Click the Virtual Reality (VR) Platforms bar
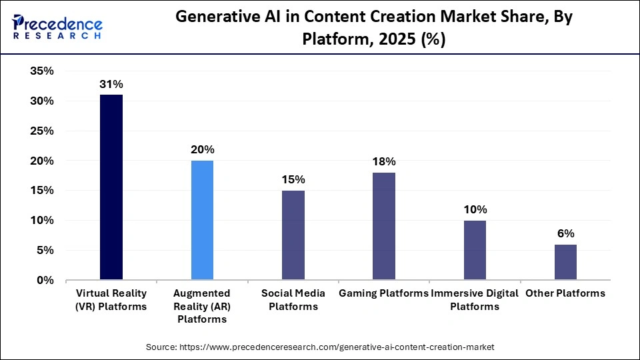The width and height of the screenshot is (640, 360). (x=111, y=187)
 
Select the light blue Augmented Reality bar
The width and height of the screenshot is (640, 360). (x=202, y=220)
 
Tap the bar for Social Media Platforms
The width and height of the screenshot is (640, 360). (x=293, y=235)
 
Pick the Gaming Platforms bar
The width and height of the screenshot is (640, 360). (x=384, y=226)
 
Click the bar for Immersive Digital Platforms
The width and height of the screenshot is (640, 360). (x=475, y=250)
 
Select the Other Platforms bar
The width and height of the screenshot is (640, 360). (x=565, y=262)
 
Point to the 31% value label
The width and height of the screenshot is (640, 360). (x=111, y=85)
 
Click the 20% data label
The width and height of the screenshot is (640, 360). (x=202, y=150)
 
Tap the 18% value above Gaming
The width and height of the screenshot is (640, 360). (x=384, y=162)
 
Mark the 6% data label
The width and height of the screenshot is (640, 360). (x=565, y=234)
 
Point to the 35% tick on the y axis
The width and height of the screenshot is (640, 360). (x=42, y=71)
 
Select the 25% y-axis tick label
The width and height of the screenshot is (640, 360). (x=42, y=131)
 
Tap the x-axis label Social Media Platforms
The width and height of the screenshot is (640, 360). (x=293, y=300)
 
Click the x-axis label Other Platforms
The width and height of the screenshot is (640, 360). (x=565, y=293)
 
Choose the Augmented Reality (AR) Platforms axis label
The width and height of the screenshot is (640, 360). (x=202, y=306)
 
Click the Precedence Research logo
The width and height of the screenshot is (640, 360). (x=57, y=27)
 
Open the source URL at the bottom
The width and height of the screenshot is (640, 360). (x=320, y=347)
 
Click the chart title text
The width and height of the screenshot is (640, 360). (x=373, y=29)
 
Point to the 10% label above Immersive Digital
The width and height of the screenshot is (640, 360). (x=475, y=210)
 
